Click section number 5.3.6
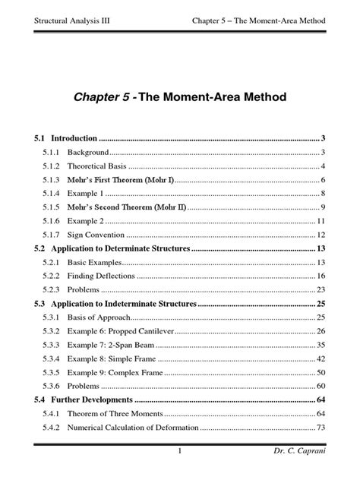point(51,386)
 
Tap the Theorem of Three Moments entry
point(115,414)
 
